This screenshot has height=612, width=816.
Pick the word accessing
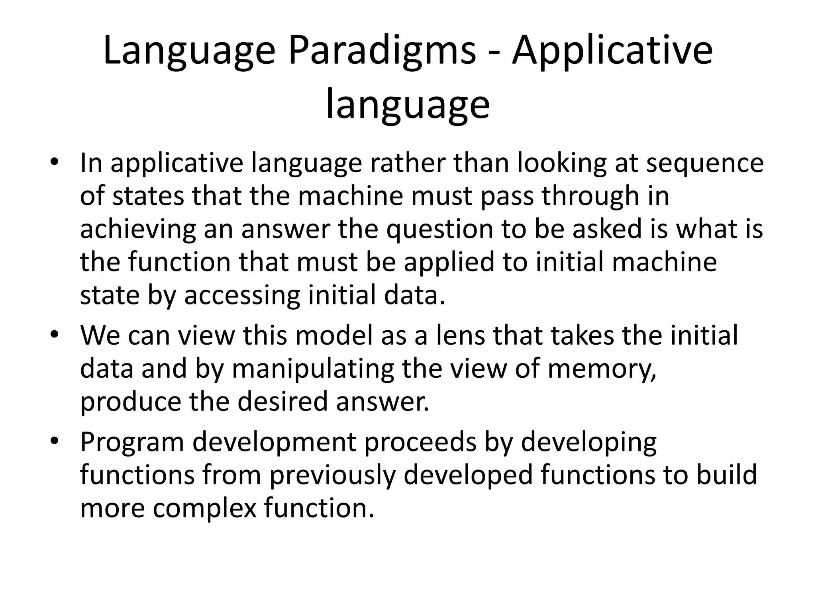pyautogui.click(x=242, y=296)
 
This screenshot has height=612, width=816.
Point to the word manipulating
pyautogui.click(x=313, y=369)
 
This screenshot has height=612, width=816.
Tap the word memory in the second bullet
pyautogui.click(x=601, y=369)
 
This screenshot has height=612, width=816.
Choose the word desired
pyautogui.click(x=282, y=402)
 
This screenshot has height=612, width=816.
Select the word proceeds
pyautogui.click(x=421, y=442)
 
